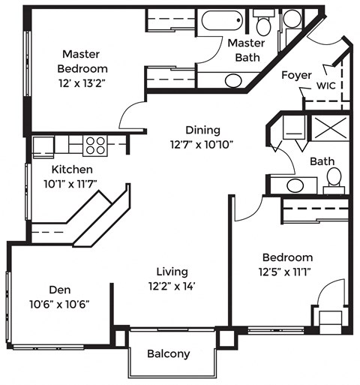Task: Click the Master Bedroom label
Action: click(85, 62)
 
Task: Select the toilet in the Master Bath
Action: click(262, 23)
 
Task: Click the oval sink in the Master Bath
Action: click(233, 80)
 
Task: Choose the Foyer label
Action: click(296, 75)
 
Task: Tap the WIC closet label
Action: click(325, 86)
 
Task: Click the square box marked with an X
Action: click(330, 128)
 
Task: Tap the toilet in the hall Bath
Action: click(334, 179)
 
